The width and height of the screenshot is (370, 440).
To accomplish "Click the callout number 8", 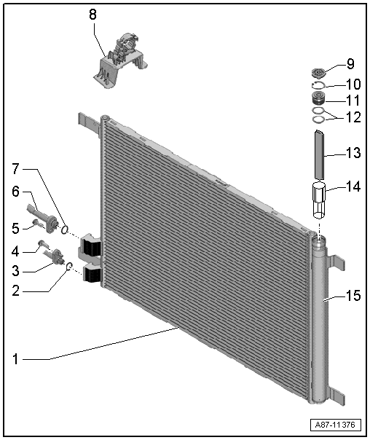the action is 92,15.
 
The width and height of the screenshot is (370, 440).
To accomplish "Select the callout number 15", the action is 353,296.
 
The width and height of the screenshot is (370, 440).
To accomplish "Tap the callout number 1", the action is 16,359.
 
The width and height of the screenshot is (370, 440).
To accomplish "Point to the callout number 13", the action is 353,153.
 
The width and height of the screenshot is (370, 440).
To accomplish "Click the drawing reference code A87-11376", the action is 335,425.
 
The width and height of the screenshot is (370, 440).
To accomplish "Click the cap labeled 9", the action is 318,74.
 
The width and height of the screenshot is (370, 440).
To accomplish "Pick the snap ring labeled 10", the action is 318,85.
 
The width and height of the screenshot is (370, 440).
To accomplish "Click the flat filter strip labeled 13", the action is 319,154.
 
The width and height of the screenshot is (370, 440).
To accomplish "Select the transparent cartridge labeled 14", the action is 319,200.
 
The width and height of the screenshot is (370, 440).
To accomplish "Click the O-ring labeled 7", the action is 64,230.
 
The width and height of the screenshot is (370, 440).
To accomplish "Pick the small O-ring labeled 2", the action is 69,266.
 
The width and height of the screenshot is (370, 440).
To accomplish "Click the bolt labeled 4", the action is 43,244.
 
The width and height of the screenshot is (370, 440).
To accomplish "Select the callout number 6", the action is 16,192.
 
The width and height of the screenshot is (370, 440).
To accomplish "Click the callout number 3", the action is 16,271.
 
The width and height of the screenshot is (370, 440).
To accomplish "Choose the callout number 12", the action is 353,117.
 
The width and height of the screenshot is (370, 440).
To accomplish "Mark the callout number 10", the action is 353,85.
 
